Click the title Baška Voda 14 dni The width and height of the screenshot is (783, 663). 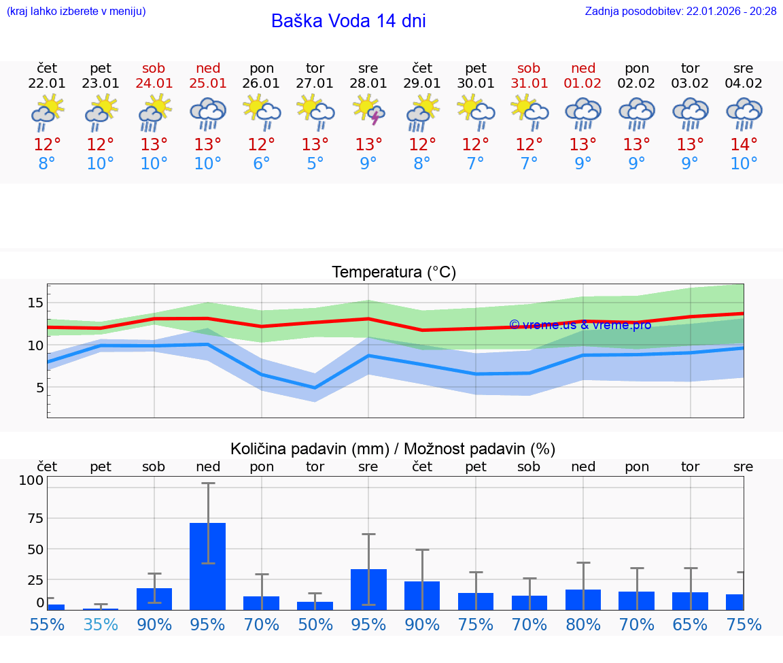pyautogui.click(x=348, y=21)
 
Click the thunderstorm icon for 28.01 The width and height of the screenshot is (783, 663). pyautogui.click(x=368, y=111)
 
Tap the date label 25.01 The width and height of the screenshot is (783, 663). pyautogui.click(x=208, y=84)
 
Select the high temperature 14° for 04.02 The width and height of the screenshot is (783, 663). pyautogui.click(x=744, y=145)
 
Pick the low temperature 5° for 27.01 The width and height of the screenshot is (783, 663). pyautogui.click(x=315, y=164)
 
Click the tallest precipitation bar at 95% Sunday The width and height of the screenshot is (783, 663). pyautogui.click(x=208, y=566)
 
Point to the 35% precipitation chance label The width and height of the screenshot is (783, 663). pyautogui.click(x=101, y=624)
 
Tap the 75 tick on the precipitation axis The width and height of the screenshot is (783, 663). pyautogui.click(x=35, y=518)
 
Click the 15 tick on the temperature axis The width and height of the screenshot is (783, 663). pyautogui.click(x=35, y=303)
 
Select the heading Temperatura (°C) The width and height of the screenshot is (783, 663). pyautogui.click(x=394, y=273)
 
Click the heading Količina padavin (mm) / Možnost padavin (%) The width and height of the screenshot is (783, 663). pyautogui.click(x=393, y=449)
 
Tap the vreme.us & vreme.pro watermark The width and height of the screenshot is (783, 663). pyautogui.click(x=580, y=325)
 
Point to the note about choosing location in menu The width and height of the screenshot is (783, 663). pyautogui.click(x=76, y=12)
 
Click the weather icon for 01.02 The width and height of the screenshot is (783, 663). pyautogui.click(x=582, y=113)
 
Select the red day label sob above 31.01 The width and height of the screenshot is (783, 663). pyautogui.click(x=529, y=69)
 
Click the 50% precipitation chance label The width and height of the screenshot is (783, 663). pyautogui.click(x=315, y=624)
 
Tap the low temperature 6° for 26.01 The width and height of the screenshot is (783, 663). pyautogui.click(x=262, y=164)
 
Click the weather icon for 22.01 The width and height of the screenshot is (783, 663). pyautogui.click(x=47, y=113)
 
